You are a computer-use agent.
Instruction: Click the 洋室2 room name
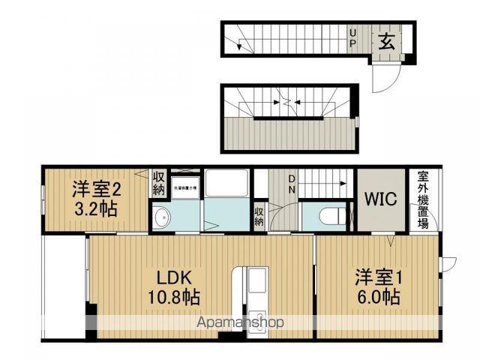point(95,188)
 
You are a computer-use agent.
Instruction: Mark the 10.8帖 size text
point(172,296)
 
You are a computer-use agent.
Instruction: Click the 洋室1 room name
point(379,277)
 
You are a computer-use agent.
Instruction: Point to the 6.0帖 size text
point(378,296)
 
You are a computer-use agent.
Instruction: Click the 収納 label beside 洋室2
point(159,183)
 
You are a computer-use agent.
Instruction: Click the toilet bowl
point(331,217)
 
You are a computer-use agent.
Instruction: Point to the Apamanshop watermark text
point(240,322)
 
